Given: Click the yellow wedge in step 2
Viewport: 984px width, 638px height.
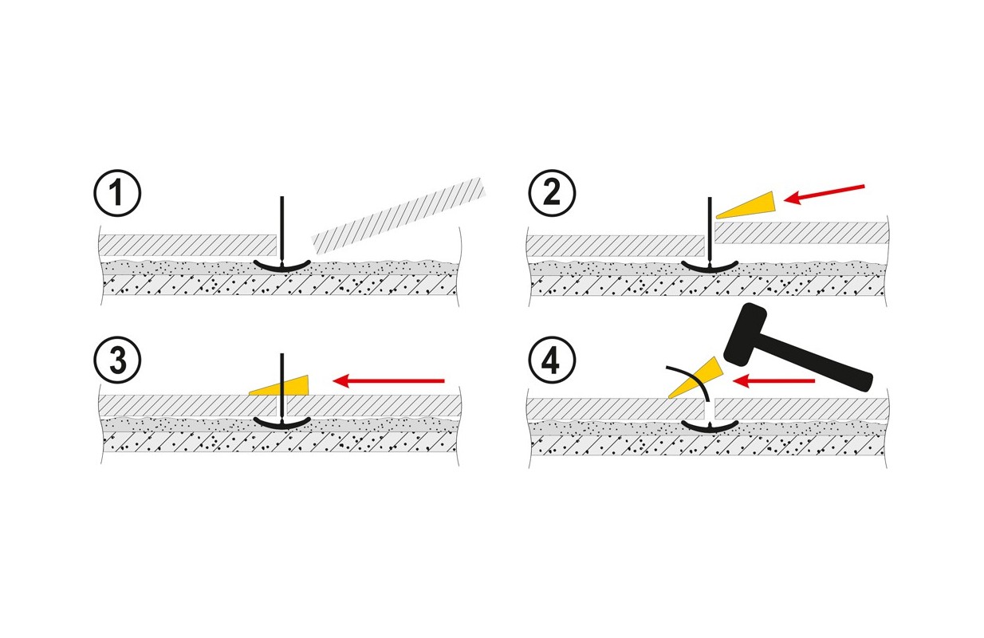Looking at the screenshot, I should point(750,204).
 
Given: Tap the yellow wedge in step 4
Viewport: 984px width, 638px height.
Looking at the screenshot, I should point(695,378).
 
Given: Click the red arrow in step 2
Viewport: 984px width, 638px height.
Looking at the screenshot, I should point(825,194).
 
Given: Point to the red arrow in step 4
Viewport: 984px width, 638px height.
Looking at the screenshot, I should point(773,381).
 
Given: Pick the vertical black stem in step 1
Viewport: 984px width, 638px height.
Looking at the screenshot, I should point(281,227).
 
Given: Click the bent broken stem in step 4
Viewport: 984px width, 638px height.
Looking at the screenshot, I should point(694,382).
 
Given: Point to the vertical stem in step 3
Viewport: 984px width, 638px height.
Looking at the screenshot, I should point(281,375).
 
